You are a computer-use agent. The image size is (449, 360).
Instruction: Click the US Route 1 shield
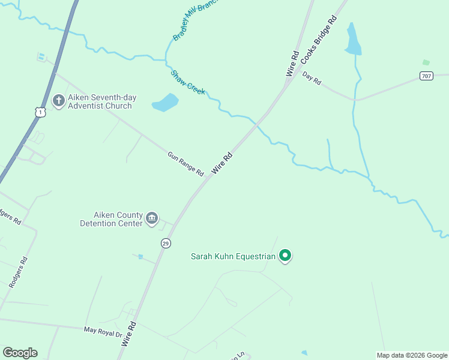(x=40, y=112)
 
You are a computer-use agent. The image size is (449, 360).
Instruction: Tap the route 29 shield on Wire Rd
(x=166, y=243)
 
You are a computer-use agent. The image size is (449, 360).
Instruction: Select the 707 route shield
(x=426, y=76)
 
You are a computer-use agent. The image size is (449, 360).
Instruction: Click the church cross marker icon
(x=59, y=100)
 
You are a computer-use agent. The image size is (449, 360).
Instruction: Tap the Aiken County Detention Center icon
(x=152, y=218)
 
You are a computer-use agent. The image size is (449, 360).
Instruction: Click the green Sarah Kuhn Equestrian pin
(x=286, y=256)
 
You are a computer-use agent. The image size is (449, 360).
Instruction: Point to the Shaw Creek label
(x=188, y=82)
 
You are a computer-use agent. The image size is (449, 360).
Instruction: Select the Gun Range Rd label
(x=185, y=164)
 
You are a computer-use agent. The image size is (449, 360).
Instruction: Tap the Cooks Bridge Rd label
(x=319, y=41)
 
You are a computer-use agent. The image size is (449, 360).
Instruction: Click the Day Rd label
(x=312, y=77)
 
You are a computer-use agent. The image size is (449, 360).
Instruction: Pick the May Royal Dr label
(x=103, y=331)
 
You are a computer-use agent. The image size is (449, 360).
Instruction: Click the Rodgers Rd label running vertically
(x=19, y=274)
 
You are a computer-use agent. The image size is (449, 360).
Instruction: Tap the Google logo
(x=20, y=353)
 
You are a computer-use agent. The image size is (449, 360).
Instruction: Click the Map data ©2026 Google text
(x=412, y=355)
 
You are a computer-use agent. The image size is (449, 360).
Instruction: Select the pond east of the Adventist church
(x=165, y=103)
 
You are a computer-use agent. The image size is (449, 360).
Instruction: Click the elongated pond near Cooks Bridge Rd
(x=352, y=41)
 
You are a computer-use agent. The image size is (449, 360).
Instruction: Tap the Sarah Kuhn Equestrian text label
(x=233, y=257)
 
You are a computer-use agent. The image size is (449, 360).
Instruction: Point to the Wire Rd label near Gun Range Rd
(x=222, y=163)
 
